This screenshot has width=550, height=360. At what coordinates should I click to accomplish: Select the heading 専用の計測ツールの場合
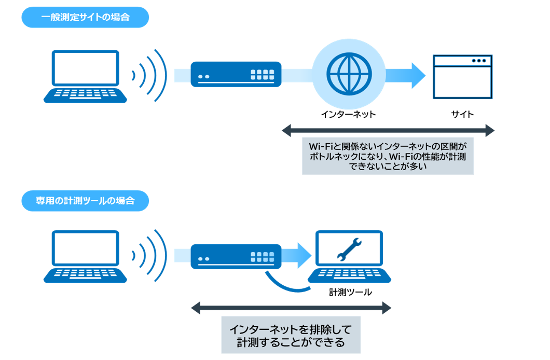(x=85, y=201)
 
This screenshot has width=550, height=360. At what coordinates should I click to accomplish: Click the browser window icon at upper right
(x=463, y=77)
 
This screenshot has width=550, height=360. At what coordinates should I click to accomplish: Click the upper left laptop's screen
(x=85, y=70)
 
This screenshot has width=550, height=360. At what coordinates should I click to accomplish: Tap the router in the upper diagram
(x=236, y=74)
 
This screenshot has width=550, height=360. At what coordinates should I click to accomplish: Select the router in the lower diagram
(x=236, y=256)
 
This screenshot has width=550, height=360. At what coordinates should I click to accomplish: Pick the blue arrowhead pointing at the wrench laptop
(x=303, y=255)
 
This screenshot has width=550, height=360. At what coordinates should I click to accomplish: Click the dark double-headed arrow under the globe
(x=388, y=130)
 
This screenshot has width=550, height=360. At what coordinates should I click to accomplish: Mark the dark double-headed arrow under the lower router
(x=291, y=309)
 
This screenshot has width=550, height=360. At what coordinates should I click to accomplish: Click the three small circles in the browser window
(x=479, y=61)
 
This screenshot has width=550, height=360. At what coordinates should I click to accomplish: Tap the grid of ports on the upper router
(x=262, y=74)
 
